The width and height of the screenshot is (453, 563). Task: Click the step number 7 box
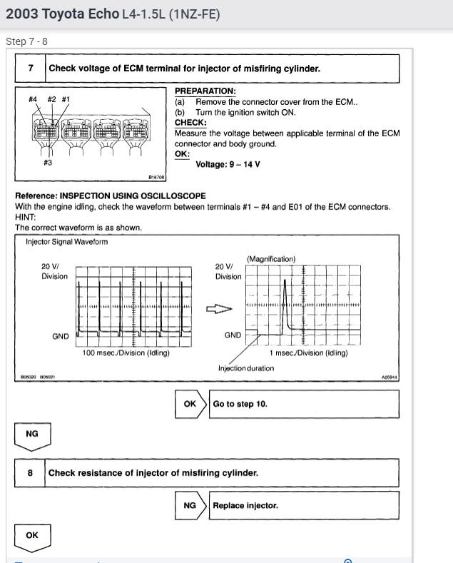coord(31,69)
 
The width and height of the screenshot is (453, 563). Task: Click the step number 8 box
coord(31,472)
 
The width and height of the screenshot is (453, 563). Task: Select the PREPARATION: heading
coord(205,91)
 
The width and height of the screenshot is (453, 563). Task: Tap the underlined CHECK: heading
coord(190,123)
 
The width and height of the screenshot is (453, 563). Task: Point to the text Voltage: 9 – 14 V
coord(228,164)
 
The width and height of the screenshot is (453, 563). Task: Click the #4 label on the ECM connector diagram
coord(33,99)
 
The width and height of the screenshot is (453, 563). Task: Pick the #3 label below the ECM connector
coord(48,163)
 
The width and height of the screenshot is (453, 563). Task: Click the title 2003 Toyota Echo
coord(62,14)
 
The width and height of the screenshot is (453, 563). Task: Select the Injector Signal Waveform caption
coord(66,242)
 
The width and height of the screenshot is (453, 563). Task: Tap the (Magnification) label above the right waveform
coord(271,259)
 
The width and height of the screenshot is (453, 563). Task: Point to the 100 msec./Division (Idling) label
coord(126,352)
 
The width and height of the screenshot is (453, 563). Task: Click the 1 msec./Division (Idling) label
coord(308,352)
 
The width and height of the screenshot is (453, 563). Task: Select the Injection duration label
coord(246,368)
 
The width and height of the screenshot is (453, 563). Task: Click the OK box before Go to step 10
coord(189,404)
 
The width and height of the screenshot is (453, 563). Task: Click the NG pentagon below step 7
coord(32,435)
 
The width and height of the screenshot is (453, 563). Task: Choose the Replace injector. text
coord(245,506)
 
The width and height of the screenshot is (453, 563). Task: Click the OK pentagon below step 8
coord(32,537)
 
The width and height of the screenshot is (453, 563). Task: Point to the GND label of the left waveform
coord(61,335)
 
